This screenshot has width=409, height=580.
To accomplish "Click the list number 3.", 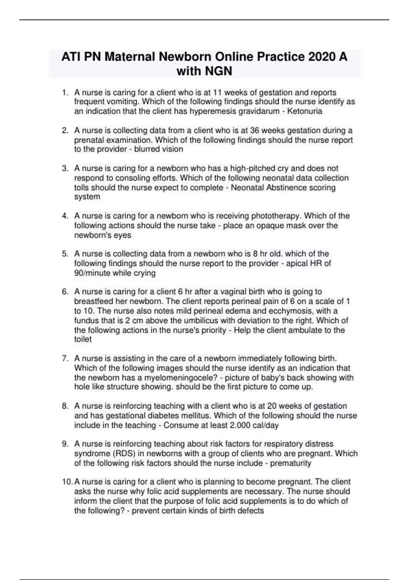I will click(x=65, y=168).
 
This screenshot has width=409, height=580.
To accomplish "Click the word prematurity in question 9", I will click(x=290, y=463).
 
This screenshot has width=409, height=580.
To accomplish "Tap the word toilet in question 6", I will click(x=83, y=339).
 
